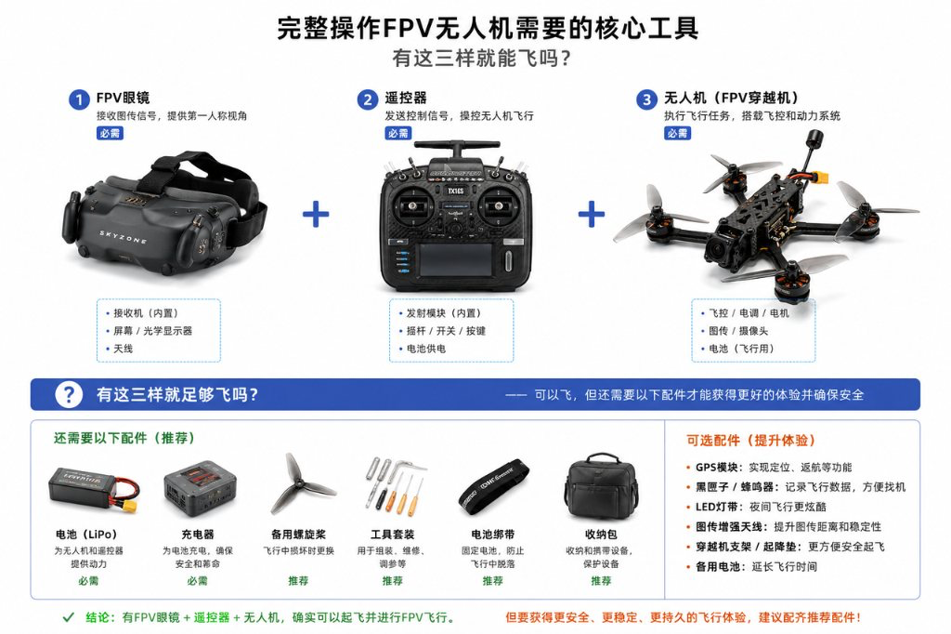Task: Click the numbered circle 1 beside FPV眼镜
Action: click(x=79, y=99)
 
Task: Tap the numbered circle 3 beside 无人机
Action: click(x=646, y=99)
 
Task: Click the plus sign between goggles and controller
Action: click(x=316, y=215)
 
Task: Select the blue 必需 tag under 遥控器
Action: click(x=397, y=133)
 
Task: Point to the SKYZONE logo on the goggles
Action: click(x=124, y=237)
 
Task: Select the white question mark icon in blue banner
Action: click(x=69, y=394)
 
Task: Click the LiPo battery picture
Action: click(x=92, y=489)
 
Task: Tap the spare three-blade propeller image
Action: click(x=298, y=483)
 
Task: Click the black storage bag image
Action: click(x=601, y=486)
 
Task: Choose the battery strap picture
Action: click(x=493, y=486)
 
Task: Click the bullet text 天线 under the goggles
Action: click(x=124, y=349)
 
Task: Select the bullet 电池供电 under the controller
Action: click(x=425, y=349)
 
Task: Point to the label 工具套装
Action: click(x=393, y=535)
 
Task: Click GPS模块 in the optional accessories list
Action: click(x=716, y=467)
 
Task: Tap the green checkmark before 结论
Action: click(x=69, y=617)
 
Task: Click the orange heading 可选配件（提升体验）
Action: click(x=750, y=441)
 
